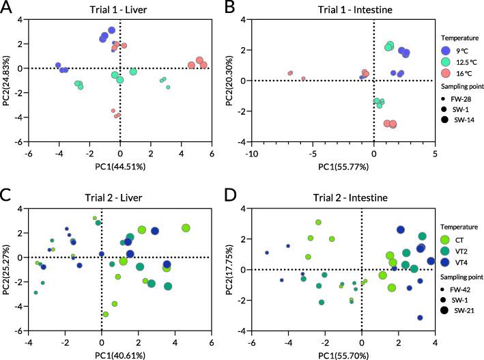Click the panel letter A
point(8,8)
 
